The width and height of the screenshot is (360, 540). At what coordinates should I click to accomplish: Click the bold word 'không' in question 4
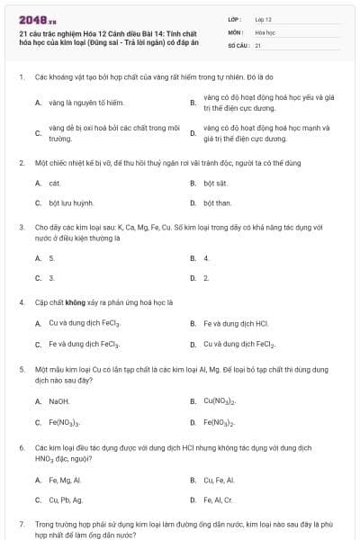pyautogui.click(x=75, y=302)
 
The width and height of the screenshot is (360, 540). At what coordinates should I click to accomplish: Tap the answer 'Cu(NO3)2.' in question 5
pyautogui.click(x=220, y=401)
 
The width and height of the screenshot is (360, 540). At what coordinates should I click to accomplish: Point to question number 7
pyautogui.click(x=21, y=523)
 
